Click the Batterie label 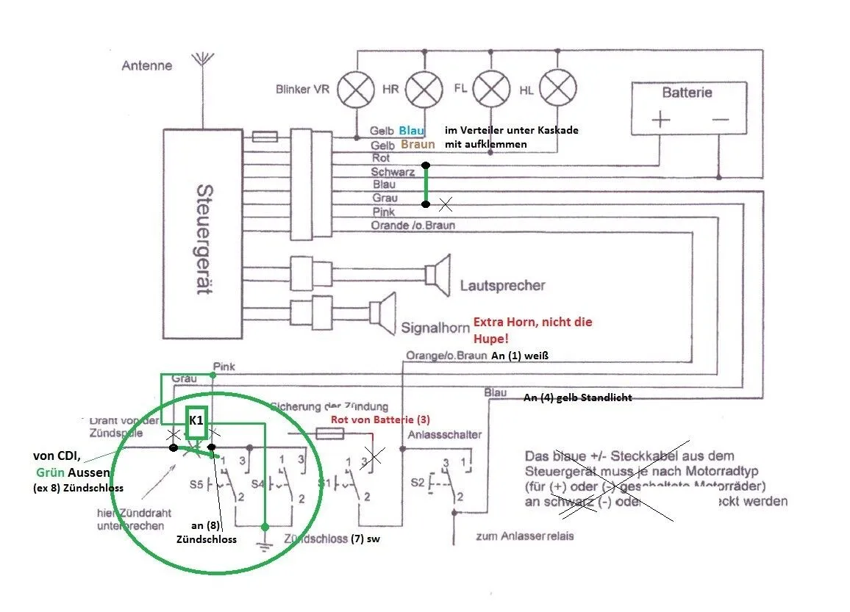687,93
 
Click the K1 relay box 196,421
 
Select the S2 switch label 416,483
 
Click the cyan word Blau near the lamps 412,130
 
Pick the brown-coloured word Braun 417,145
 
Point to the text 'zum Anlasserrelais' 525,536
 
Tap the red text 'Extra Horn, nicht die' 532,322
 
